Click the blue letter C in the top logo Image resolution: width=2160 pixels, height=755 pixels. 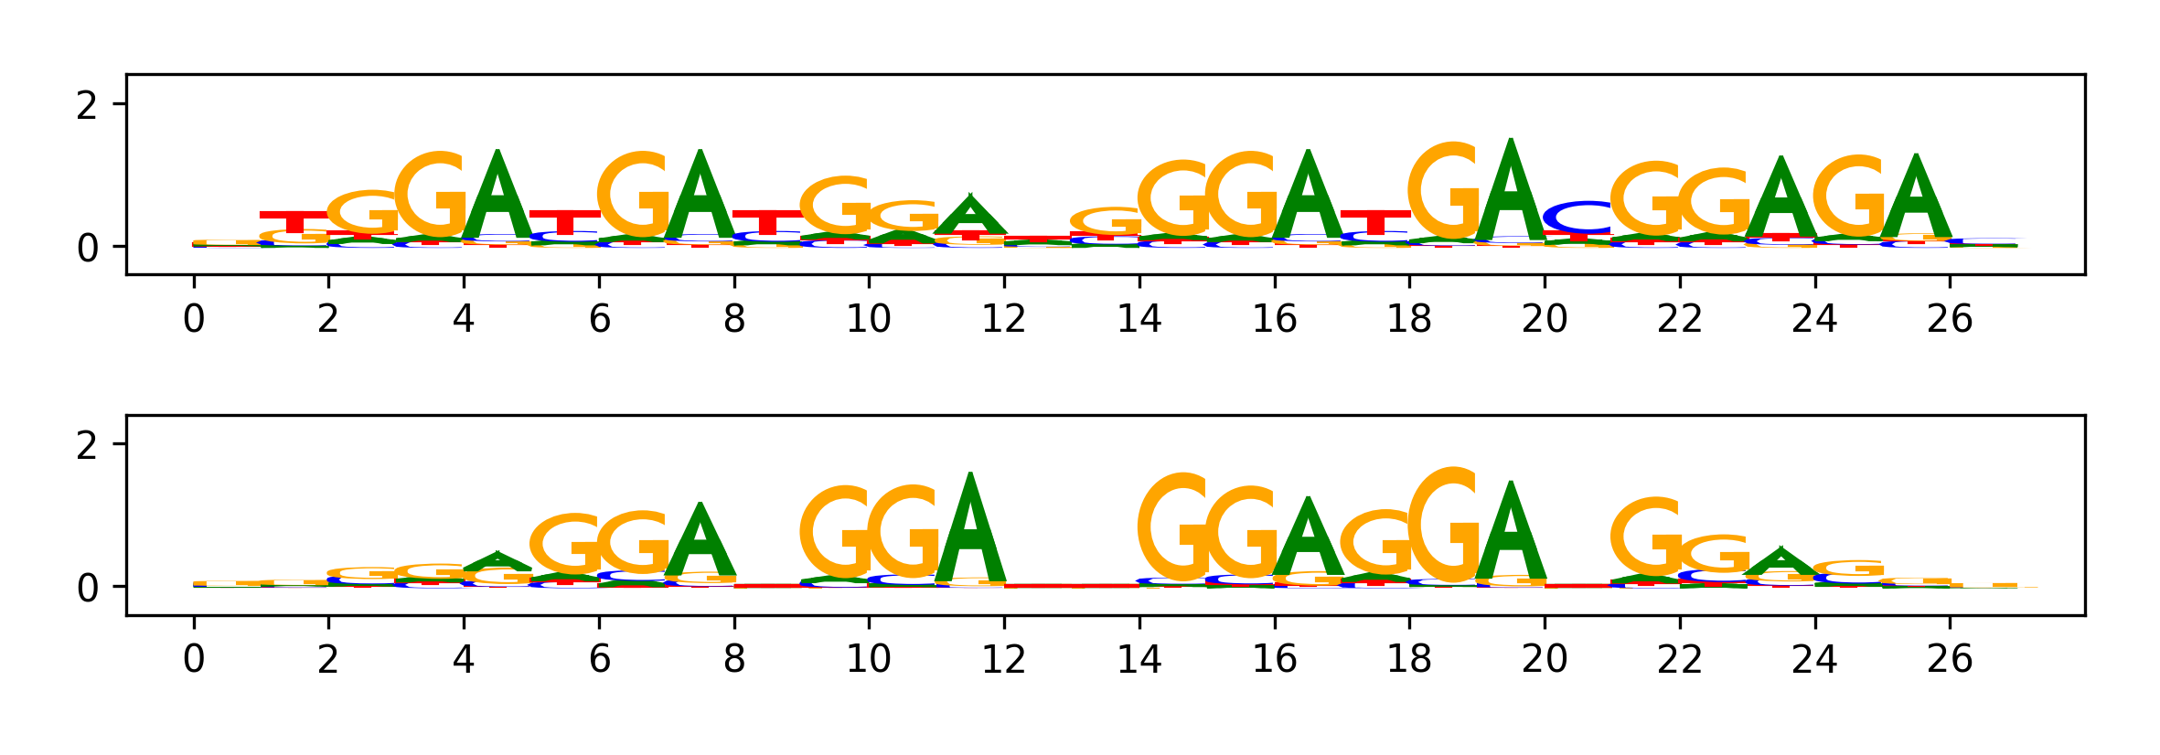(1577, 218)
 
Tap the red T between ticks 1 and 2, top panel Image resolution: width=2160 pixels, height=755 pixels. (294, 222)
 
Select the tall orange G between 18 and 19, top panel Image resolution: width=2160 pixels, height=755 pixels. (1443, 192)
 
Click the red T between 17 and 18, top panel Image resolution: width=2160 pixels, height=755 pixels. (1375, 222)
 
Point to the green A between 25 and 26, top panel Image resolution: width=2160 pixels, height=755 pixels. (1916, 199)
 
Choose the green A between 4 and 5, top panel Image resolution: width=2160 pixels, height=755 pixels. (497, 197)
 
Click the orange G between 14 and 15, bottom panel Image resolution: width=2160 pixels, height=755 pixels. (1173, 527)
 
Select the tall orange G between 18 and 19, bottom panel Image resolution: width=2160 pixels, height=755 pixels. (1443, 525)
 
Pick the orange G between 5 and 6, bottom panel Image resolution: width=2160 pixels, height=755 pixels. (565, 545)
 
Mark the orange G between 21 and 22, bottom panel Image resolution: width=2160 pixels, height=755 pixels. (1646, 537)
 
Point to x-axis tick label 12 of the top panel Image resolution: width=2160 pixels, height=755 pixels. (1004, 319)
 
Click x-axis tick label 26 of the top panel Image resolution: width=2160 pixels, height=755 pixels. (1950, 319)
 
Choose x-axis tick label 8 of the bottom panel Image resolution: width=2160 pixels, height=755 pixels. (734, 659)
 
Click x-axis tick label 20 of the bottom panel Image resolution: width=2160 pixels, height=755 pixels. (1545, 659)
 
